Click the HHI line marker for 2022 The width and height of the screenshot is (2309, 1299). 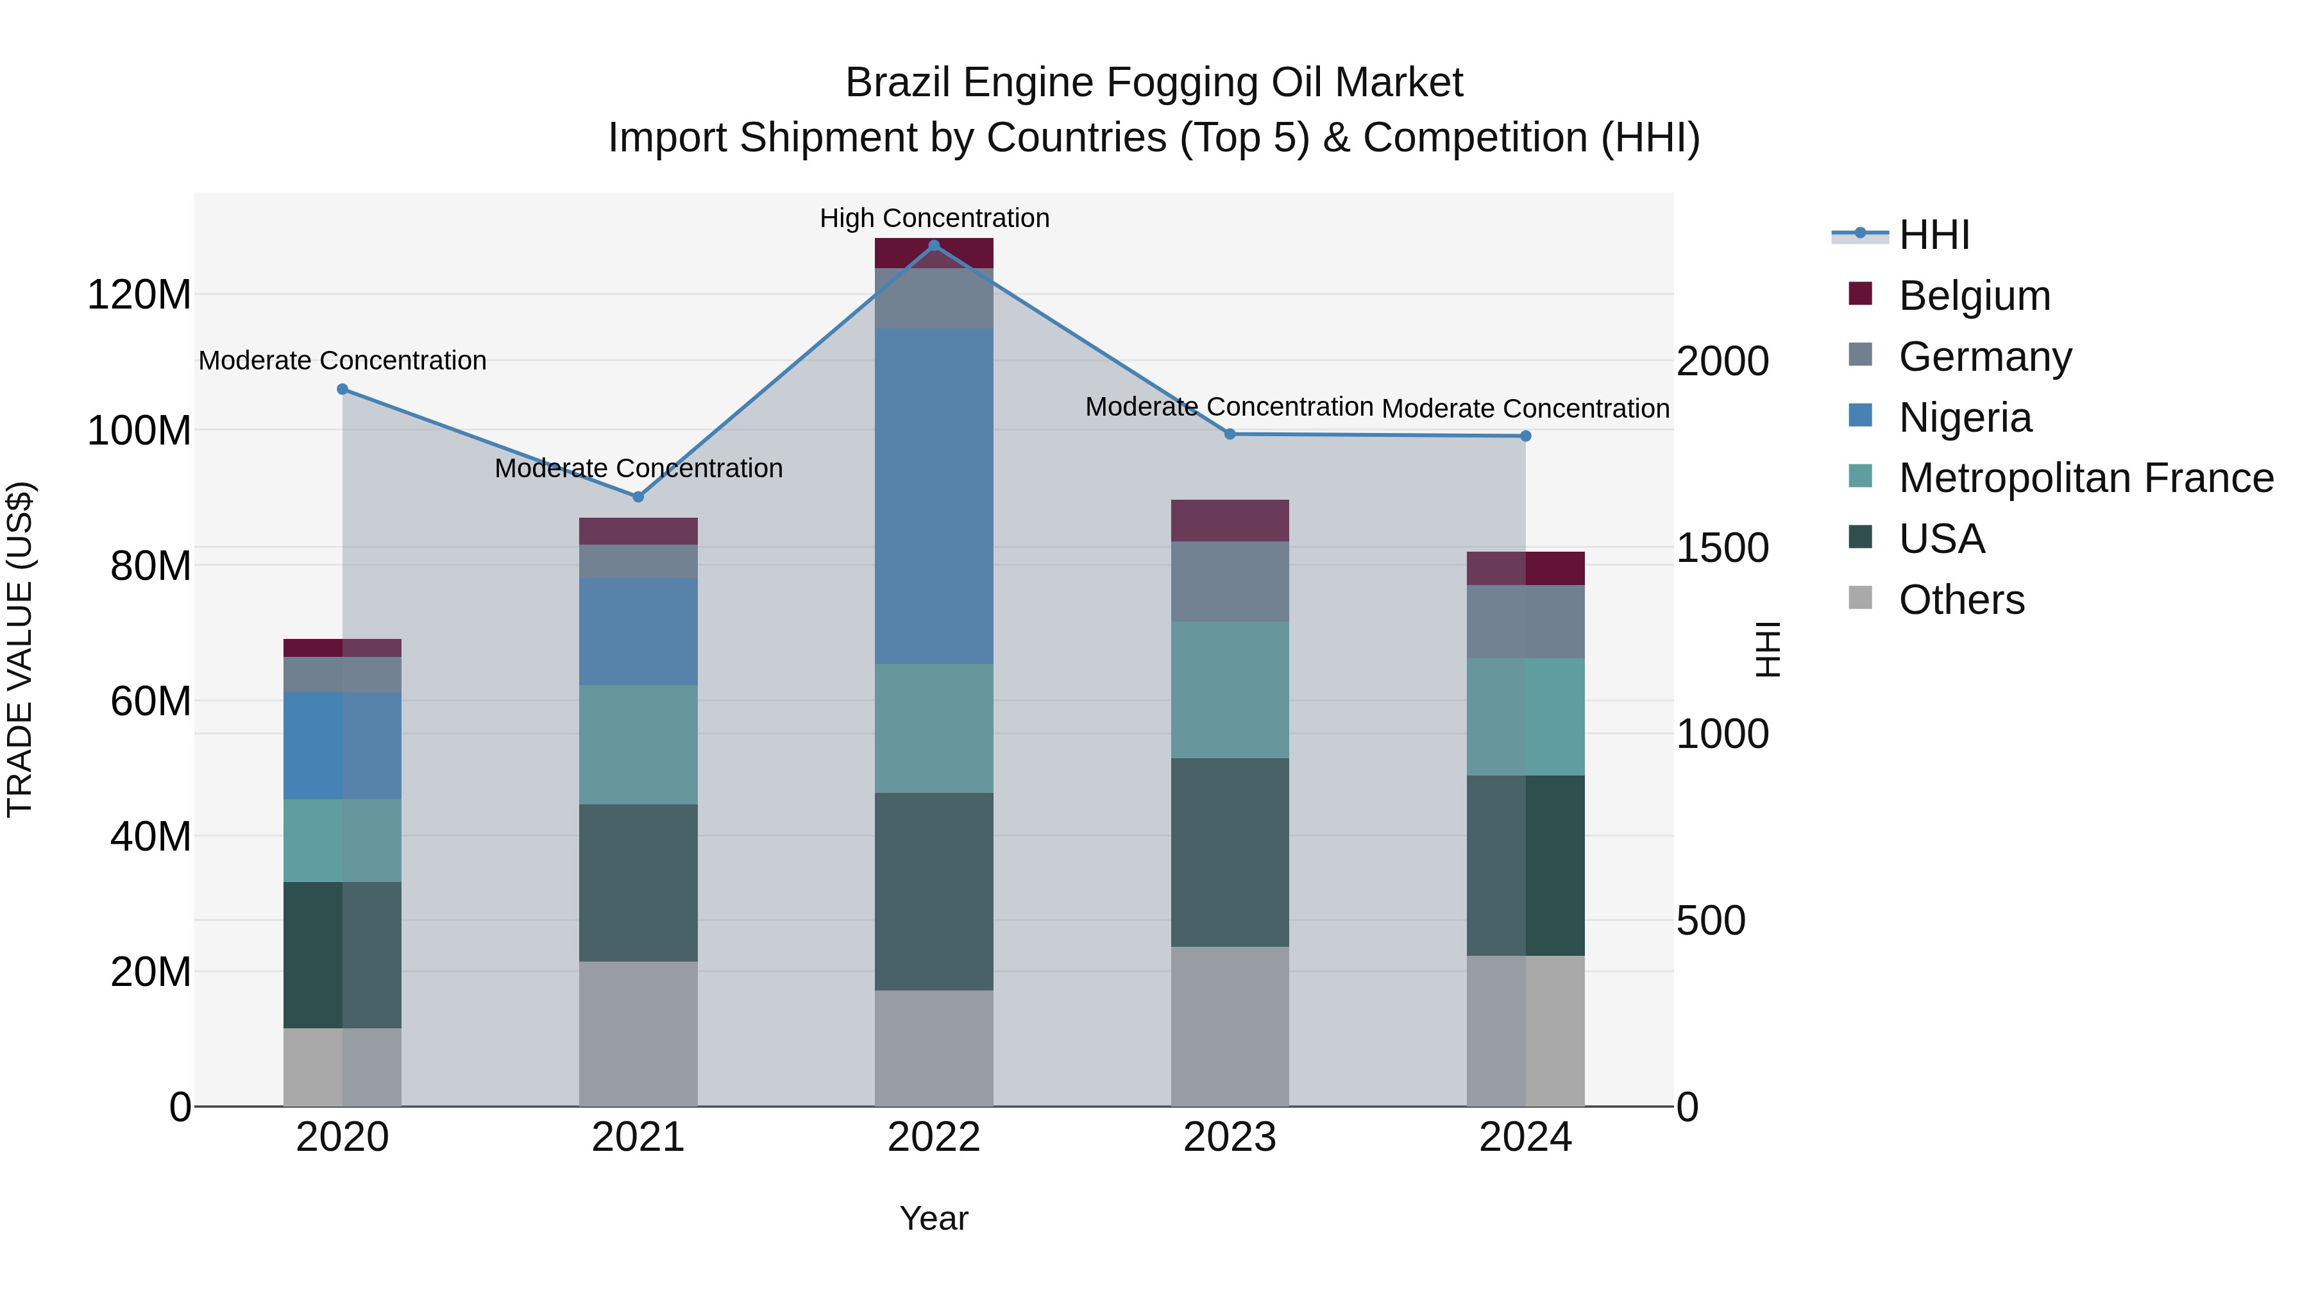[x=933, y=246]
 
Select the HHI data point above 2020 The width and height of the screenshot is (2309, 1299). [x=343, y=389]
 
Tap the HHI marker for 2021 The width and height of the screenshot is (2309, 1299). [x=638, y=497]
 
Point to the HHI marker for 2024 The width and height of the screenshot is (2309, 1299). [x=1526, y=437]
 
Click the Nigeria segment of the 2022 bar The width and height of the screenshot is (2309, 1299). [x=933, y=496]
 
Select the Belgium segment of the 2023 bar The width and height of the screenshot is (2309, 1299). [x=1229, y=521]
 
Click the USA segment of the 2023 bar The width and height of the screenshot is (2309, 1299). [x=1229, y=853]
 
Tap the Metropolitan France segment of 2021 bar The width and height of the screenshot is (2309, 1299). [x=638, y=744]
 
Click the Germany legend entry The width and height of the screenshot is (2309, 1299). [x=1984, y=357]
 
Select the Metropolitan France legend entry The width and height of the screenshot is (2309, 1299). [x=2085, y=478]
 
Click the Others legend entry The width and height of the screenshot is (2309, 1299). [x=1961, y=600]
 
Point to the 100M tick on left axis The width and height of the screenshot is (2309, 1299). [x=139, y=431]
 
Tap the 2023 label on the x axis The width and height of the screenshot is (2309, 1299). [x=1229, y=1137]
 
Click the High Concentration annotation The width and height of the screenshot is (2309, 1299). [x=934, y=218]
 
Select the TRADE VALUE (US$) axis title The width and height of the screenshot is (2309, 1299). [x=20, y=649]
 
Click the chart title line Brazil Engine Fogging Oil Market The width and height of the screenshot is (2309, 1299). [x=1154, y=83]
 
